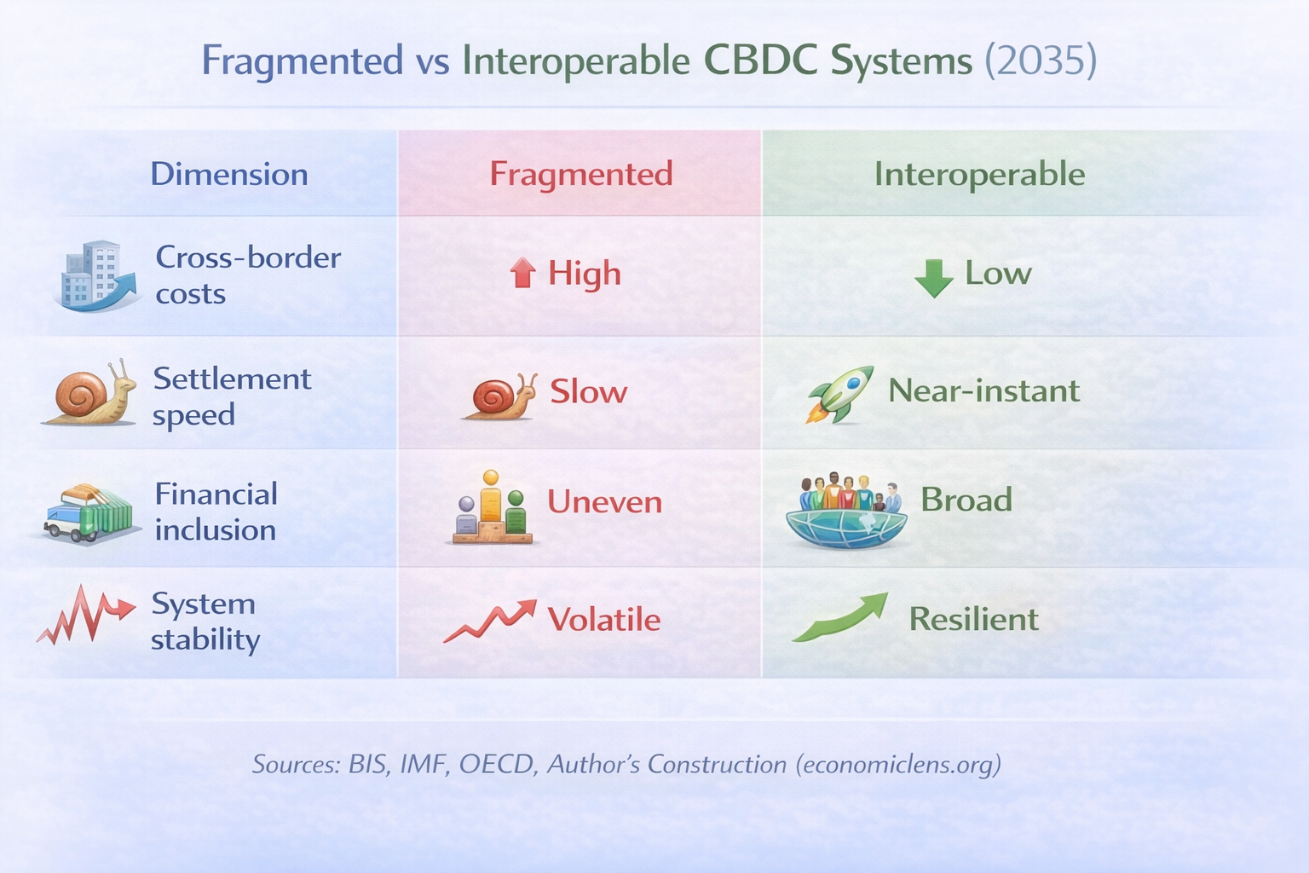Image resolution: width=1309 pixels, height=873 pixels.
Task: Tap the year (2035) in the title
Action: tap(1040, 61)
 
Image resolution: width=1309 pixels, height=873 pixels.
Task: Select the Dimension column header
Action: tap(229, 174)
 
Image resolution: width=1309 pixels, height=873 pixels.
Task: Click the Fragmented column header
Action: tap(580, 174)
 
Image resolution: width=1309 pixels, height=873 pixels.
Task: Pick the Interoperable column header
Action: tap(979, 174)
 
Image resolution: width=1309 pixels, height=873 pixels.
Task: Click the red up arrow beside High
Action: tap(522, 274)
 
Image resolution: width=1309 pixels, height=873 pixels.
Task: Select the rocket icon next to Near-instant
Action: tap(840, 394)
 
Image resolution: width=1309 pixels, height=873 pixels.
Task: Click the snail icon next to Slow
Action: tap(500, 397)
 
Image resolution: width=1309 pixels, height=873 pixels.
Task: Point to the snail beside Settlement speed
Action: tap(90, 393)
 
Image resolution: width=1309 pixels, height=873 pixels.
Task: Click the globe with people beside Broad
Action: tap(845, 512)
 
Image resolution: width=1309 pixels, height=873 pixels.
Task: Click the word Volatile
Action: tap(603, 620)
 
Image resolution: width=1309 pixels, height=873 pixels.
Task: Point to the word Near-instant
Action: tap(983, 390)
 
